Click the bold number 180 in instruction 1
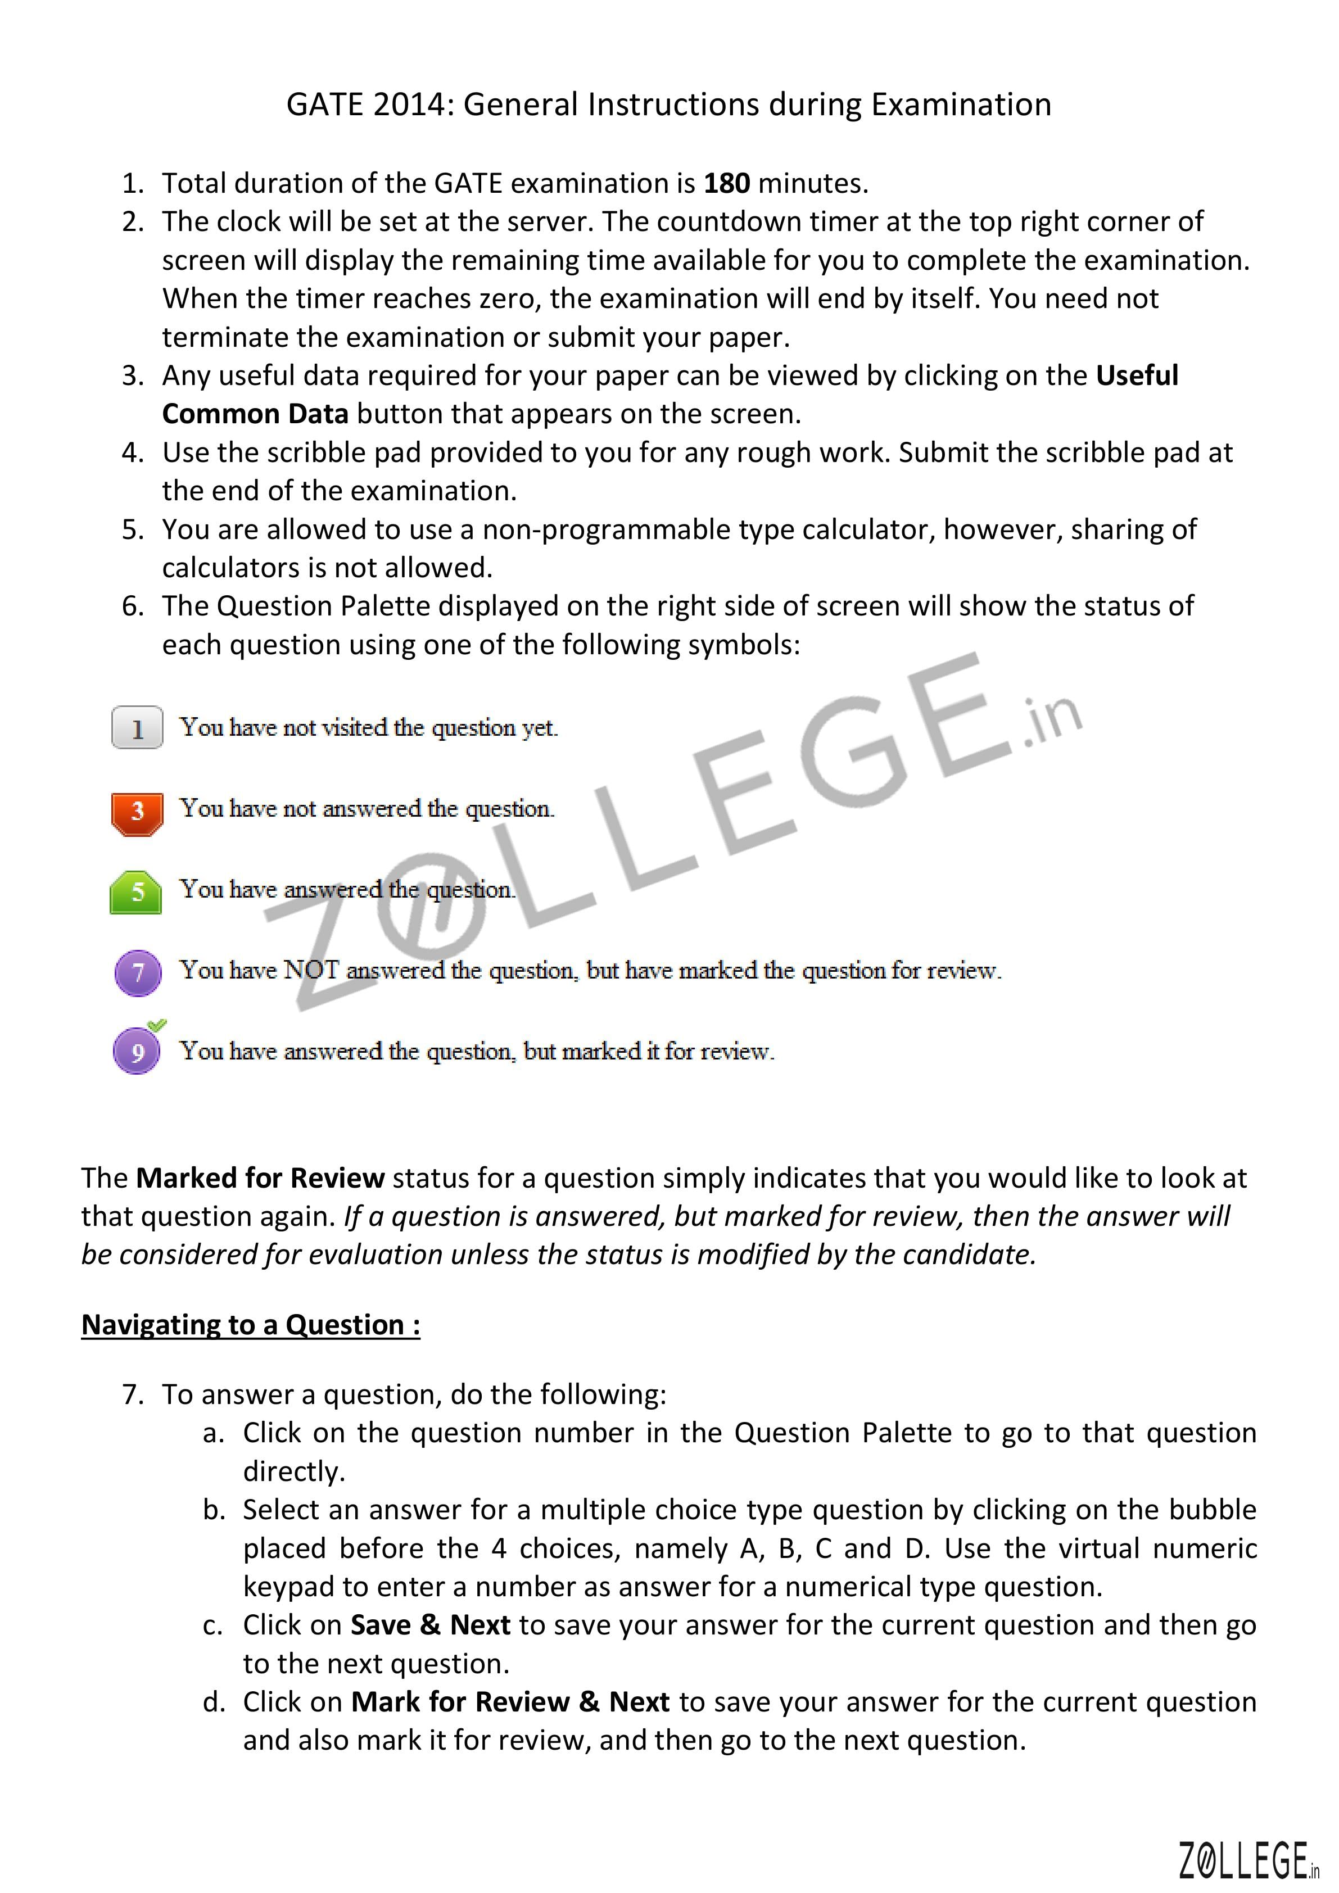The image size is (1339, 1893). [x=726, y=183]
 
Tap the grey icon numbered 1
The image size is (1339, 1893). [x=137, y=727]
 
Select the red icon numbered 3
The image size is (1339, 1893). [x=137, y=812]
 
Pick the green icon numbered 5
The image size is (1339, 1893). [x=136, y=892]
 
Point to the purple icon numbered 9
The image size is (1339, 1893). [x=136, y=1052]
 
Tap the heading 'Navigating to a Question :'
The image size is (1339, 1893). [x=251, y=1324]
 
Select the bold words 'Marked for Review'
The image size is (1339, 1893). [x=260, y=1178]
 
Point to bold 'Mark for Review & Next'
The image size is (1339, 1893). [x=509, y=1701]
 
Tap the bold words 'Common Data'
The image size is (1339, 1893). [x=255, y=413]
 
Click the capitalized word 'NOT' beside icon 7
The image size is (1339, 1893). [x=311, y=971]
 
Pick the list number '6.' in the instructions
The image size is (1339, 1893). [x=133, y=606]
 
